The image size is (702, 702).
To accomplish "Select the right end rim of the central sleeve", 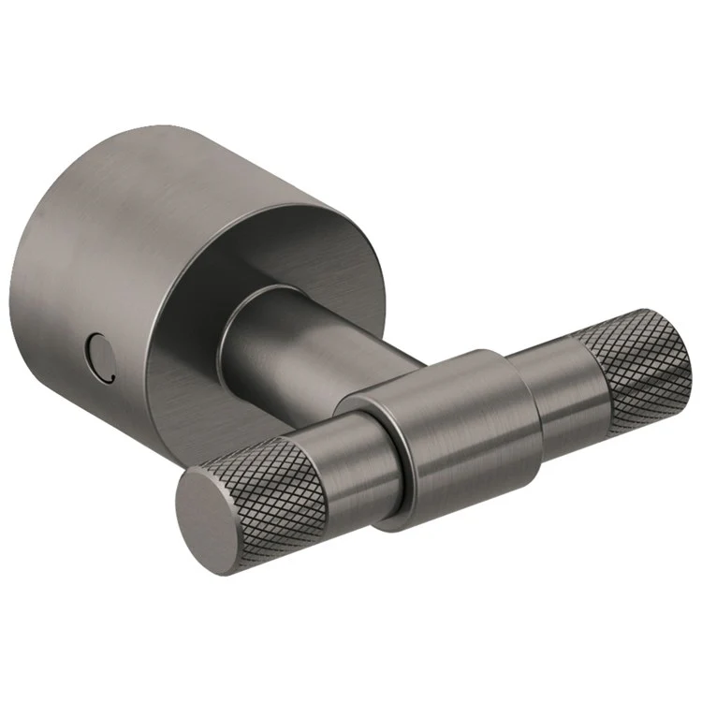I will point(524,393).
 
